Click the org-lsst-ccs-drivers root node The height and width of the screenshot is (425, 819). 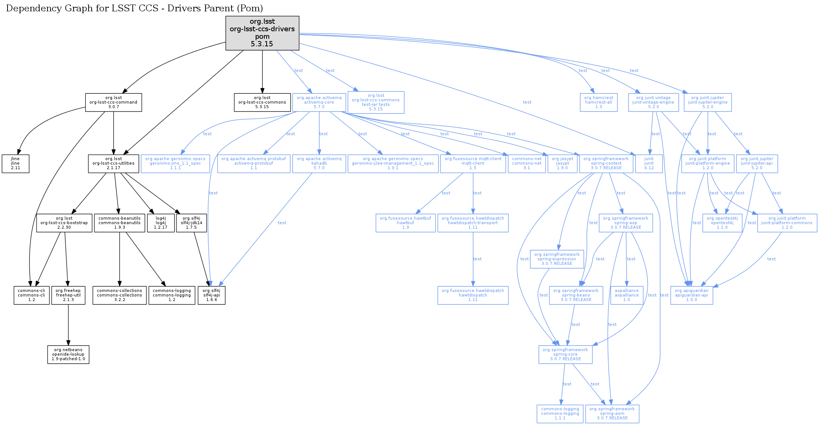262,33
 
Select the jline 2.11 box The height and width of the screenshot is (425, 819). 15,164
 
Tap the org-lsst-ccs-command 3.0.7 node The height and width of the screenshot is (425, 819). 113,102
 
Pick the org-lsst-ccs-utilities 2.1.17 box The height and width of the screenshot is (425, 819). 113,164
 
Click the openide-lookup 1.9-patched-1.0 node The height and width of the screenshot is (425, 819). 68,355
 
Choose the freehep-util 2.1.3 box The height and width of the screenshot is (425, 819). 68,295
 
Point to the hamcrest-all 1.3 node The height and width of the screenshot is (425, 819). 598,102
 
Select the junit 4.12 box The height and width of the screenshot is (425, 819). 649,164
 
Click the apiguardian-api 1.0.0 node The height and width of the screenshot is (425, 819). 692,295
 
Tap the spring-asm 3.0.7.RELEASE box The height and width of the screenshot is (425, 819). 612,414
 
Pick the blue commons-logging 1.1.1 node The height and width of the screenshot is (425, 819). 560,414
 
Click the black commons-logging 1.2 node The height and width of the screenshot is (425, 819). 172,295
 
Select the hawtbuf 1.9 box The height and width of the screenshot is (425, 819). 405,223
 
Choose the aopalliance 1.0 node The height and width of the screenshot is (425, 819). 626,295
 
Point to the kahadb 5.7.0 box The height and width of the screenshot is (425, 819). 319,164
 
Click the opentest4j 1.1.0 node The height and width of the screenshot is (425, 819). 722,223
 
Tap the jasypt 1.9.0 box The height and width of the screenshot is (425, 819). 562,164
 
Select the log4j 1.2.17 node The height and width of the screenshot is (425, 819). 161,223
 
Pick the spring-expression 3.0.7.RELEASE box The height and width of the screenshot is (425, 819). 557,259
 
